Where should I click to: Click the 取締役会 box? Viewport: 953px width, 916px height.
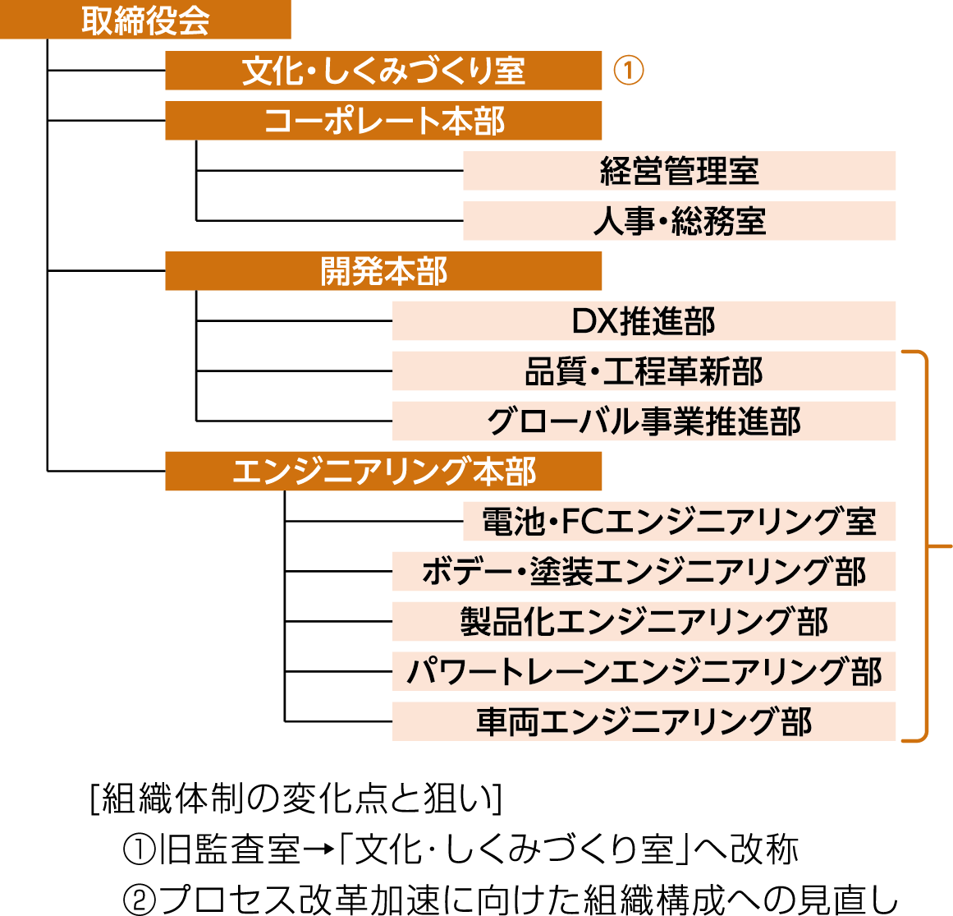pyautogui.click(x=145, y=21)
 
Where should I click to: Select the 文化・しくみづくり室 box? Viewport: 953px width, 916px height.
pyautogui.click(x=383, y=71)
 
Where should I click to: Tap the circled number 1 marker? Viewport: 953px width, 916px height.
pyautogui.click(x=629, y=71)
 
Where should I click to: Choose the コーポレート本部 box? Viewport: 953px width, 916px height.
pyautogui.click(x=383, y=121)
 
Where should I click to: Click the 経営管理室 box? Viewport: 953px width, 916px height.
pyautogui.click(x=679, y=171)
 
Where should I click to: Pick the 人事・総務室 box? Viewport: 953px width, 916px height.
pyautogui.click(x=679, y=221)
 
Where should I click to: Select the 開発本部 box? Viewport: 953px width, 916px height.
pyautogui.click(x=383, y=271)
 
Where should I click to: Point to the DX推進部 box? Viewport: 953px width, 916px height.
pyautogui.click(x=644, y=321)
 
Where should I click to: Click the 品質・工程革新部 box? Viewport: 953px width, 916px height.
pyautogui.click(x=644, y=371)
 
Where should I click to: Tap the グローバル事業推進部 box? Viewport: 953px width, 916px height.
pyautogui.click(x=644, y=421)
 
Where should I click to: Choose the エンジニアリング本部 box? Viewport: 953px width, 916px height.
pyautogui.click(x=383, y=472)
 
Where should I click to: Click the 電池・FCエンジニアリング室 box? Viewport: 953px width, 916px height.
pyautogui.click(x=679, y=522)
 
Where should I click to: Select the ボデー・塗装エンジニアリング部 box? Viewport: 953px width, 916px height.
pyautogui.click(x=644, y=572)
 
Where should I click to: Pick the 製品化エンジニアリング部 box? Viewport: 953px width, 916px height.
pyautogui.click(x=644, y=622)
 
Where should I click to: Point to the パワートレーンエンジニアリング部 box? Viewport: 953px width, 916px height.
pyautogui.click(x=644, y=672)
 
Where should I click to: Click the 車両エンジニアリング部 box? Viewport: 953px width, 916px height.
pyautogui.click(x=644, y=722)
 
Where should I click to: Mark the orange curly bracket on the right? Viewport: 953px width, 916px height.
pyautogui.click(x=926, y=546)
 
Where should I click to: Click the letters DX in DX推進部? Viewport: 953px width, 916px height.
pyautogui.click(x=594, y=321)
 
